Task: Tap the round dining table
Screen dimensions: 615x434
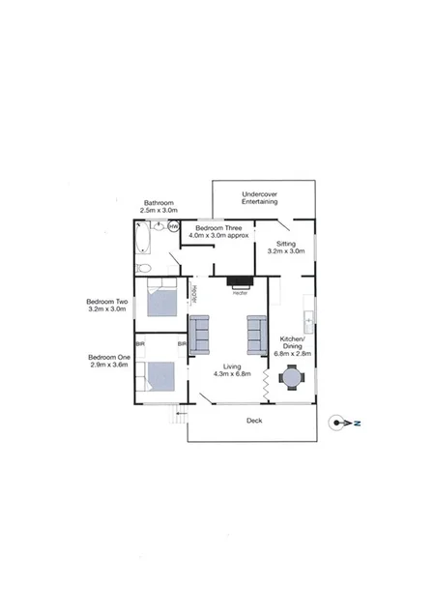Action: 292,380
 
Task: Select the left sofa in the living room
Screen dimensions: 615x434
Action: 200,335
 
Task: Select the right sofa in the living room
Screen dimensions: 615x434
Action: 257,335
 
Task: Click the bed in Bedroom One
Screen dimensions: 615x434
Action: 160,376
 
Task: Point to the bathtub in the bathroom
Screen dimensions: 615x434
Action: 143,238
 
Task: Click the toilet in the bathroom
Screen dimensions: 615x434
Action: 143,268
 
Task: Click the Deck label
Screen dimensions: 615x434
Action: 253,421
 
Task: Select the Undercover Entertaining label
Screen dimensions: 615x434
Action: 259,197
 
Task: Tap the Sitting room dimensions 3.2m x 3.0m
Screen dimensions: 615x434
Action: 285,251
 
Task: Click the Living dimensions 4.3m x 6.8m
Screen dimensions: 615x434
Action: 232,373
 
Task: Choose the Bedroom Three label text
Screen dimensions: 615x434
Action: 218,229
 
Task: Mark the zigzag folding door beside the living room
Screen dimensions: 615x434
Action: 265,383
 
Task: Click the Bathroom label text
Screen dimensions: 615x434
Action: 159,203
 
